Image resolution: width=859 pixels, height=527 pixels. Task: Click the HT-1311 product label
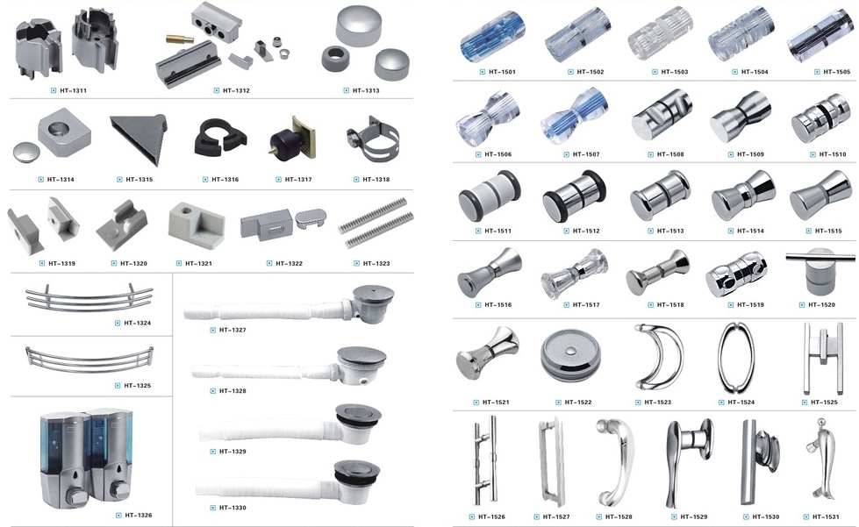tap(72, 90)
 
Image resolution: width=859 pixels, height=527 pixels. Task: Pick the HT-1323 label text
tap(376, 263)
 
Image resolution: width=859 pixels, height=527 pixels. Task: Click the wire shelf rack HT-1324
tap(89, 299)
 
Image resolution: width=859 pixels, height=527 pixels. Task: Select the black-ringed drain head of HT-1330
tap(356, 475)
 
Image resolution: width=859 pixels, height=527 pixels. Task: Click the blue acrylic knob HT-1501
tap(492, 37)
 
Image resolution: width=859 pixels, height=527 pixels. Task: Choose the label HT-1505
tap(836, 72)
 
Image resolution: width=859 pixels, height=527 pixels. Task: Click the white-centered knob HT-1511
tap(490, 196)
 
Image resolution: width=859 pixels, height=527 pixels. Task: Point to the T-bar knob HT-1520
tap(820, 271)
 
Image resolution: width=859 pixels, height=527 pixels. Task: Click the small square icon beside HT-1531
tap(805, 516)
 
